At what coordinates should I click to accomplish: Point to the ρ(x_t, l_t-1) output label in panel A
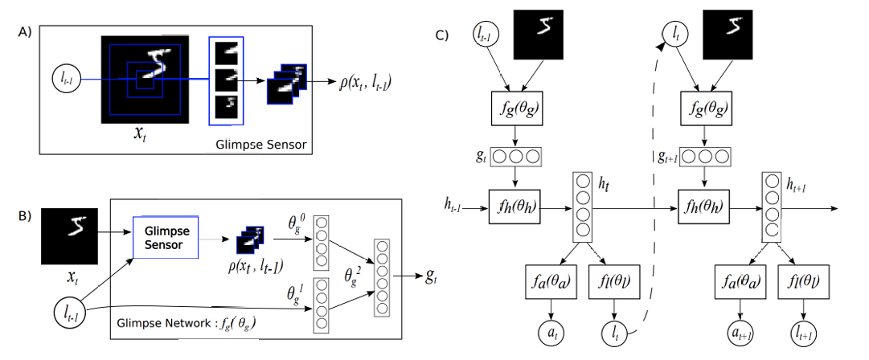coord(367,82)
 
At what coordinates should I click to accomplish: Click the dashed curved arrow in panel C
coord(653,201)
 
